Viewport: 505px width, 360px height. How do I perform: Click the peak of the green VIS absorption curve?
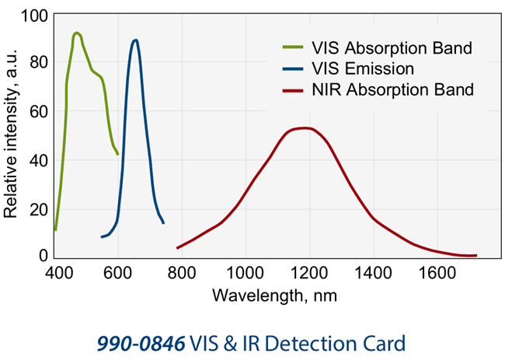tap(76, 33)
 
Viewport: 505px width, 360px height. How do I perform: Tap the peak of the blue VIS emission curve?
tap(136, 40)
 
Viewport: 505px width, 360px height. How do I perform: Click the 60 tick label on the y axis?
tap(38, 112)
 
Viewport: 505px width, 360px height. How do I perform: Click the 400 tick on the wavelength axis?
tap(59, 273)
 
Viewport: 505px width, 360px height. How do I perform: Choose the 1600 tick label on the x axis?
tap(437, 273)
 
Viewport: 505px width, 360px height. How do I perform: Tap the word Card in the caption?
tap(388, 341)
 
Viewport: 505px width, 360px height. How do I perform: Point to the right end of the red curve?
tap(475, 255)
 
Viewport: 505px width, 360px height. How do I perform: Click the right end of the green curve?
tap(118, 154)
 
